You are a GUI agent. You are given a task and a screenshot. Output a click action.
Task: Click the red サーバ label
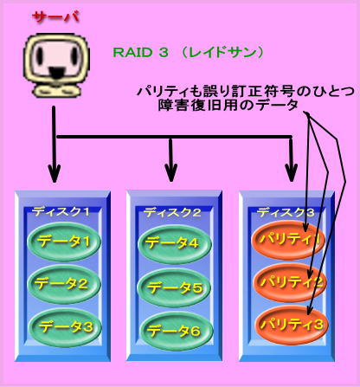tap(55, 17)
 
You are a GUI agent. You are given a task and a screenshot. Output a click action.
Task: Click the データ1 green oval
tap(64, 242)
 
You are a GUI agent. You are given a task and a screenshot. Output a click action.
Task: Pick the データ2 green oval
tap(64, 284)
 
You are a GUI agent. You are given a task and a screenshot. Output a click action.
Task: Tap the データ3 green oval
tap(65, 327)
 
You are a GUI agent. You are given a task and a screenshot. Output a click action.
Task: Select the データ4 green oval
tap(175, 244)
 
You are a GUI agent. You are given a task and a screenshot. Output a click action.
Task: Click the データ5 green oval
tap(174, 287)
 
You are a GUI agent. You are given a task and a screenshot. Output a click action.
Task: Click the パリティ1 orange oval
tap(288, 240)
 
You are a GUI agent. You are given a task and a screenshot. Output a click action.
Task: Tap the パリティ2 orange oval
tap(290, 282)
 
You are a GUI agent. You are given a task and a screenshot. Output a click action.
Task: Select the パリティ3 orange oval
tap(292, 325)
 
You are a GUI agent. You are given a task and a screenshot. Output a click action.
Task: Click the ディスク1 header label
tap(61, 212)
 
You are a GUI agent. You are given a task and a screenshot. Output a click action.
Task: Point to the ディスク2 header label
tap(172, 213)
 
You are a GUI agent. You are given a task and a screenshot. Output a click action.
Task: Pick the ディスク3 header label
tap(286, 213)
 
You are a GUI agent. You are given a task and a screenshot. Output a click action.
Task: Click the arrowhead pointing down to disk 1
tap(54, 173)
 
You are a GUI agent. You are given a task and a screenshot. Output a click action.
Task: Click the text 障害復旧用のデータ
tap(228, 106)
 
